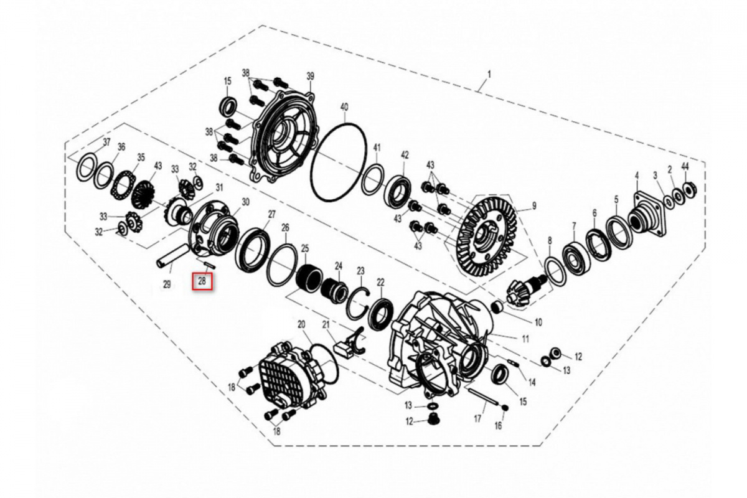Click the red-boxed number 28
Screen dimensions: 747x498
point(202,281)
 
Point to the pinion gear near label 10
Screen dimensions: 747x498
point(524,291)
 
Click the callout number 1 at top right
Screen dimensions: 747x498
point(489,74)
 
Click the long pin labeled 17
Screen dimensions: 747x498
point(484,398)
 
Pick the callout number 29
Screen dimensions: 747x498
point(167,284)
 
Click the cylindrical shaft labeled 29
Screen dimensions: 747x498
point(173,256)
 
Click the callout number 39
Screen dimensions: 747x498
point(310,77)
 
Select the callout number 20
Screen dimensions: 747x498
point(301,324)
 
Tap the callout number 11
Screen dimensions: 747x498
point(525,339)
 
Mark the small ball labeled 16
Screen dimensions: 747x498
point(505,408)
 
